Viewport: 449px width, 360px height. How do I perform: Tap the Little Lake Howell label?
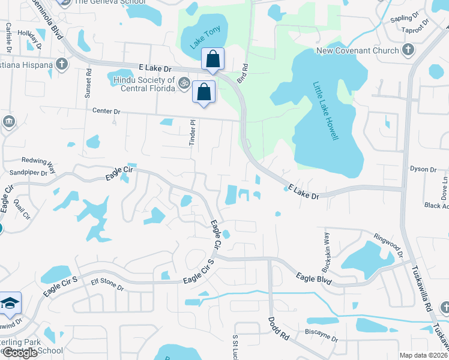point(325,112)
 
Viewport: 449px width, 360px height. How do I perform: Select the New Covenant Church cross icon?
point(408,50)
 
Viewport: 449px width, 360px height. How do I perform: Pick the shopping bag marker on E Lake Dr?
point(212,59)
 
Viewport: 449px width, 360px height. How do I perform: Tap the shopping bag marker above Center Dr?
point(204,92)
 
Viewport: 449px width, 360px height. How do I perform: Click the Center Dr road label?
point(106,111)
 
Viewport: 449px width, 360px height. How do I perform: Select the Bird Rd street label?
point(244,74)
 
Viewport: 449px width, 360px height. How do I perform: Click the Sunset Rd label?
point(88,82)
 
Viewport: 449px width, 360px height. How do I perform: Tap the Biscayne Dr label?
point(321,339)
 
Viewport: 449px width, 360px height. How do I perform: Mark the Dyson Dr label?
point(423,170)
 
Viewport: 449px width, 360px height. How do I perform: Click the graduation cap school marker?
point(10,304)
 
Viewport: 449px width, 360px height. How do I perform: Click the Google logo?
point(19,353)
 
